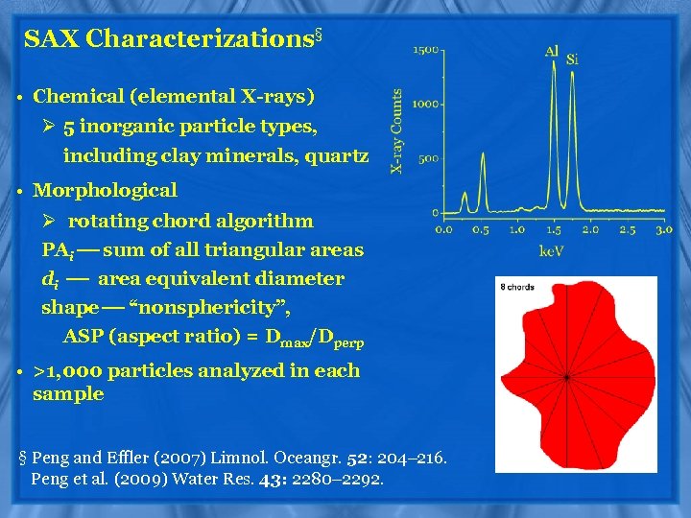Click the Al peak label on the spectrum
(x=552, y=51)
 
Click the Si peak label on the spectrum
(x=573, y=59)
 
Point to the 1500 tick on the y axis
(x=426, y=49)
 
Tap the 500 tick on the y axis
(x=428, y=158)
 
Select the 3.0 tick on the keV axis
(x=662, y=229)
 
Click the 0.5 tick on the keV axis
(x=480, y=229)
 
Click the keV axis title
(x=552, y=250)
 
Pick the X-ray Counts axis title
(x=396, y=131)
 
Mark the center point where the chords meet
(x=566, y=377)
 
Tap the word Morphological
(x=105, y=191)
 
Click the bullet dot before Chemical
(x=19, y=97)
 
